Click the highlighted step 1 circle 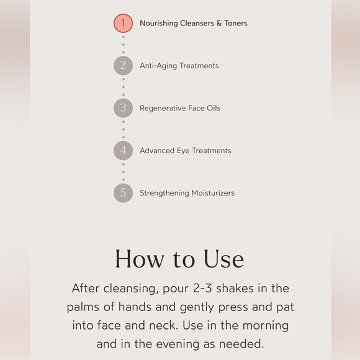coord(123,24)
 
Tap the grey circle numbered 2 coord(123,66)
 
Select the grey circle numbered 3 coord(123,108)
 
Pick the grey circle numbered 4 coord(123,150)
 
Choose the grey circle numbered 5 coord(123,193)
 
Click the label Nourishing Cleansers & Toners coord(193,24)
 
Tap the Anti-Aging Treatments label coord(179,66)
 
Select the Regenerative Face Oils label coord(180,108)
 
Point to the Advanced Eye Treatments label coord(185,150)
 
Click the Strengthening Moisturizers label coord(187,193)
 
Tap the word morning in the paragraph coord(265,326)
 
